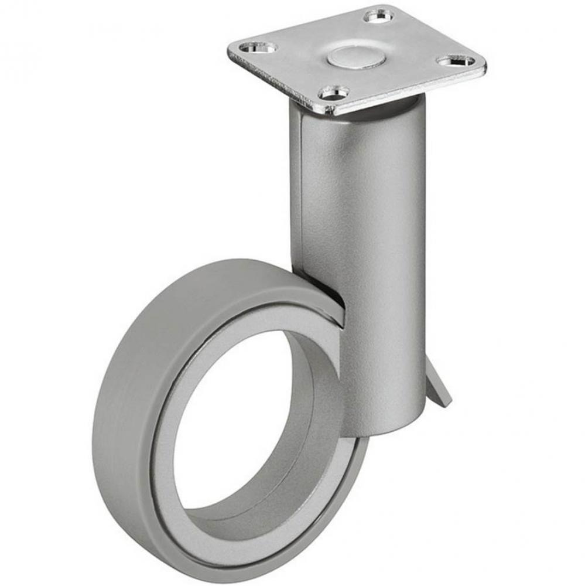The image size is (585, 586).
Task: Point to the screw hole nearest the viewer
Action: click(333, 92)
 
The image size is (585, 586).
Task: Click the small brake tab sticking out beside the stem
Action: click(440, 387)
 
